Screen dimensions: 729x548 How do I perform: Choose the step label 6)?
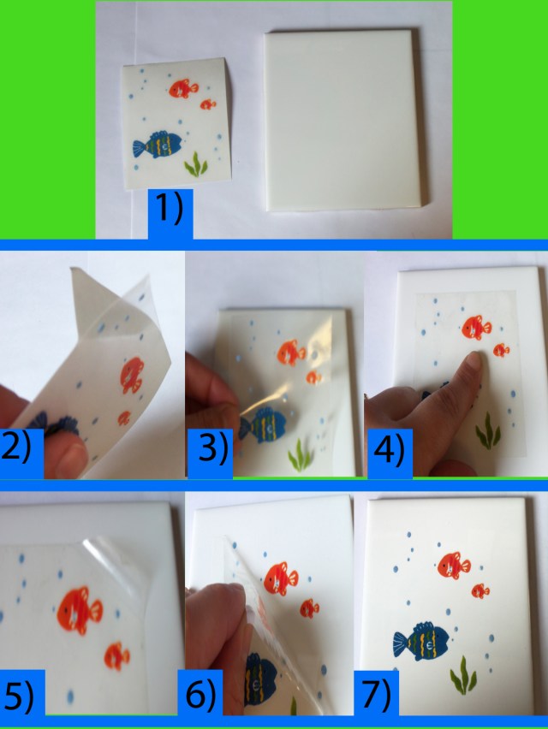(x=202, y=697)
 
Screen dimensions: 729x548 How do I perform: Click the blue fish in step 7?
(x=422, y=641)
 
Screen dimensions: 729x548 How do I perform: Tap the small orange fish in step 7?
(x=480, y=590)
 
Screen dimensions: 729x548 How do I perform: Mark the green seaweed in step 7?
(x=463, y=674)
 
